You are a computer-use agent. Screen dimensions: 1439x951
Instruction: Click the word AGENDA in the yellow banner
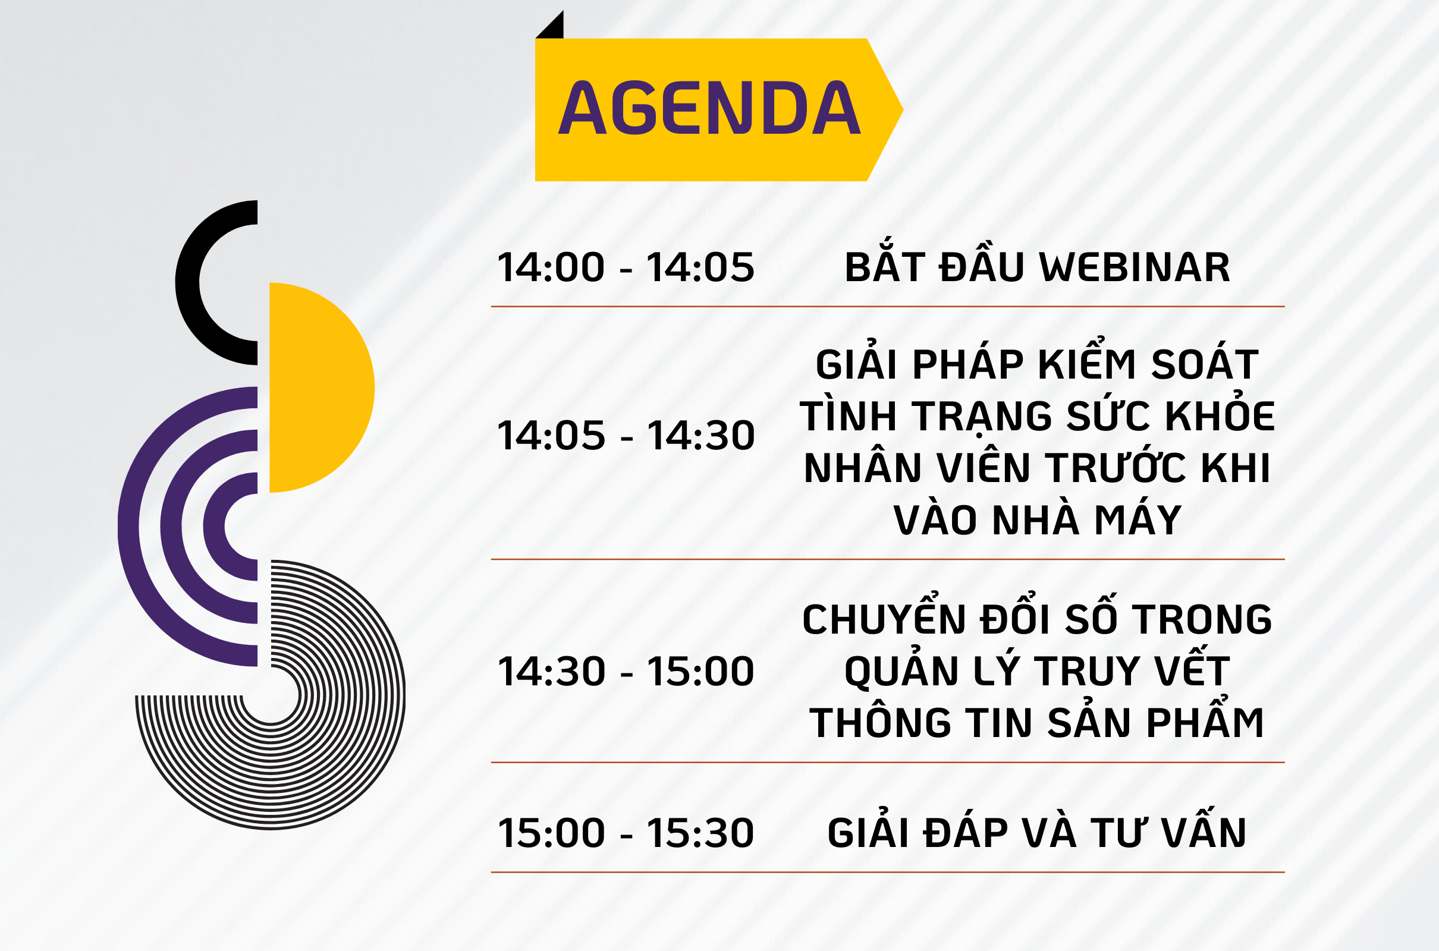(709, 108)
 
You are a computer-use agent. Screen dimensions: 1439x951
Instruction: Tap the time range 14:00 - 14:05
(626, 267)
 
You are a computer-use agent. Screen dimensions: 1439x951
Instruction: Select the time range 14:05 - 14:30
(626, 436)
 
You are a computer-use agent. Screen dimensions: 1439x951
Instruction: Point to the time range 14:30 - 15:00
(626, 672)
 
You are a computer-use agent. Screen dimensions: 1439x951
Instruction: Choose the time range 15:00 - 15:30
(626, 833)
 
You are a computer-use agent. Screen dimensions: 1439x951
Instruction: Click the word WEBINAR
(1135, 267)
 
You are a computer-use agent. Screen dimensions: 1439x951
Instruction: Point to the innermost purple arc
(214, 527)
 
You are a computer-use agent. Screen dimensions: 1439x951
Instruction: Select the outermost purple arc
(128, 527)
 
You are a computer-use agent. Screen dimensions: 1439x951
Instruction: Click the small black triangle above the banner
(553, 29)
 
